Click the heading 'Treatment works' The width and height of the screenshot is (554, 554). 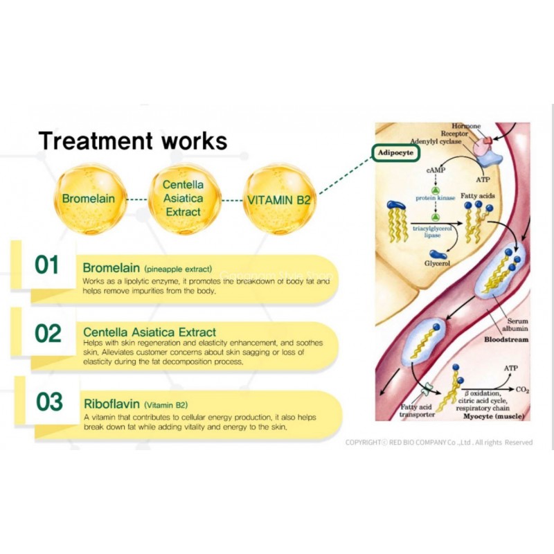coord(132,141)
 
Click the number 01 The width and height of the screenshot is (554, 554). coord(48,265)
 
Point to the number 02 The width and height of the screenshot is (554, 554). coord(48,333)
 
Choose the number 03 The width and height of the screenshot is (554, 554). coord(48,402)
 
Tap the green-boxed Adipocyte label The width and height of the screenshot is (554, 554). coord(395,152)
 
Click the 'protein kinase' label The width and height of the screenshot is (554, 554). coord(435,198)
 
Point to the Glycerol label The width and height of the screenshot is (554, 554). coord(437,264)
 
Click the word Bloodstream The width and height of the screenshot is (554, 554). coord(507,340)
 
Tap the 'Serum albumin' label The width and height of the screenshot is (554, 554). coord(515,325)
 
